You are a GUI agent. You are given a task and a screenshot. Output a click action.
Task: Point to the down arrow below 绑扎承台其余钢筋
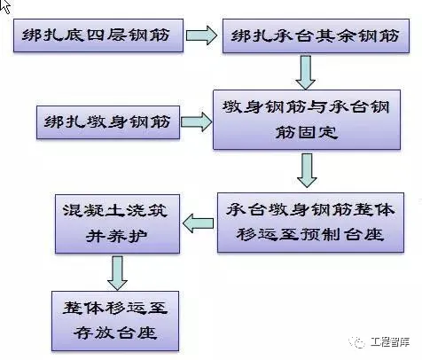coord(306,71)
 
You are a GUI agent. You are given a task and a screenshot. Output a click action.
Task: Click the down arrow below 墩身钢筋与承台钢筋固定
coord(307,169)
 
